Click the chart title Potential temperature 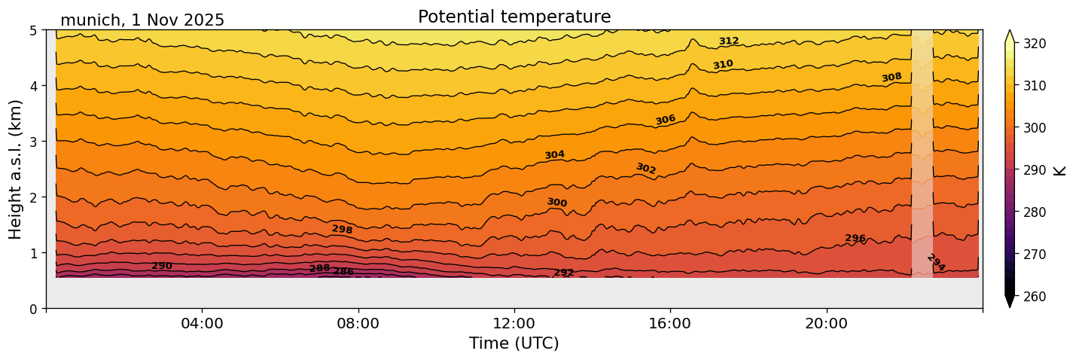(x=514, y=17)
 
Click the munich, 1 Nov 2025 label (x=142, y=20)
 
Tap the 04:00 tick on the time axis (x=202, y=323)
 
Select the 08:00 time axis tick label (x=358, y=323)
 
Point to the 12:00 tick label (x=514, y=323)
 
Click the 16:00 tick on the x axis (x=670, y=323)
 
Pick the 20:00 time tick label (x=826, y=323)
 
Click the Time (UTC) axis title (x=514, y=343)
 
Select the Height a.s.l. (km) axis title (x=16, y=169)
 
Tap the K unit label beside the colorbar (x=1060, y=170)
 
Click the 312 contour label (x=728, y=41)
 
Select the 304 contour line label (x=554, y=155)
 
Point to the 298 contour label (x=342, y=229)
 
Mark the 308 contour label (x=892, y=78)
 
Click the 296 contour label (x=855, y=239)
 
